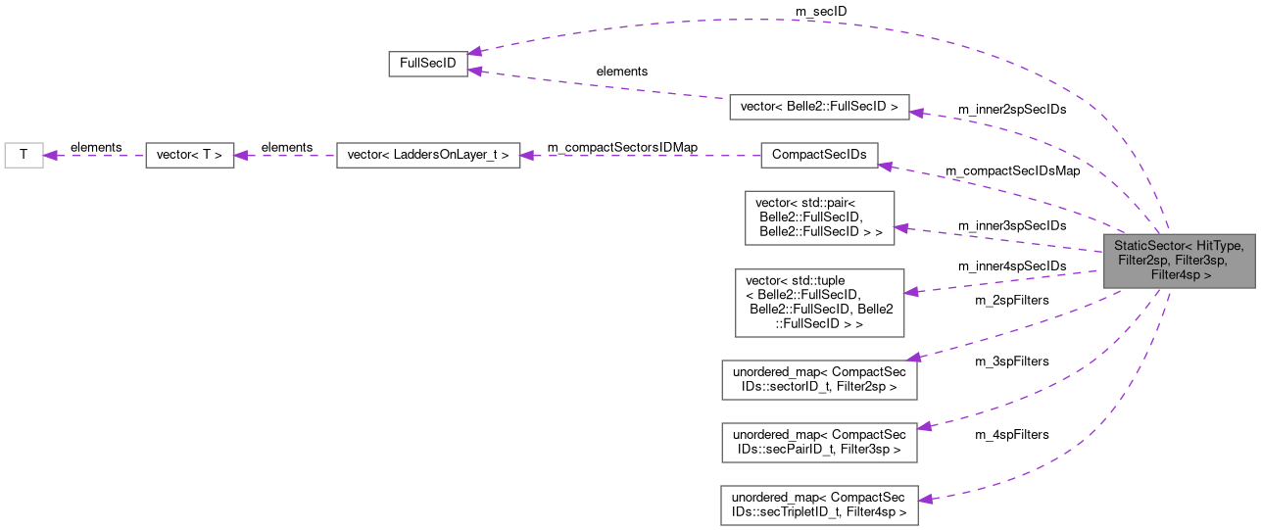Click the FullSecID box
(x=428, y=63)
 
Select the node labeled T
(x=24, y=155)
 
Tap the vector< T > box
(x=189, y=155)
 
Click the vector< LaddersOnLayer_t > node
(x=427, y=155)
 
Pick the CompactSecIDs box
(x=819, y=155)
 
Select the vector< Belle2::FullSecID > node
(x=819, y=107)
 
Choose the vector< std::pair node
(x=819, y=217)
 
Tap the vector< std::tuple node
(x=819, y=302)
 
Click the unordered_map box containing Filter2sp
(x=818, y=380)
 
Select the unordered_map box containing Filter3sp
(x=818, y=442)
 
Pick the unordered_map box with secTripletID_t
(x=818, y=504)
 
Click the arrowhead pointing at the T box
(x=51, y=155)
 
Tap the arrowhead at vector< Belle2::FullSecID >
(x=917, y=112)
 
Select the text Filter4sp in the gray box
(x=1180, y=275)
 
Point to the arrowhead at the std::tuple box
(x=910, y=292)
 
